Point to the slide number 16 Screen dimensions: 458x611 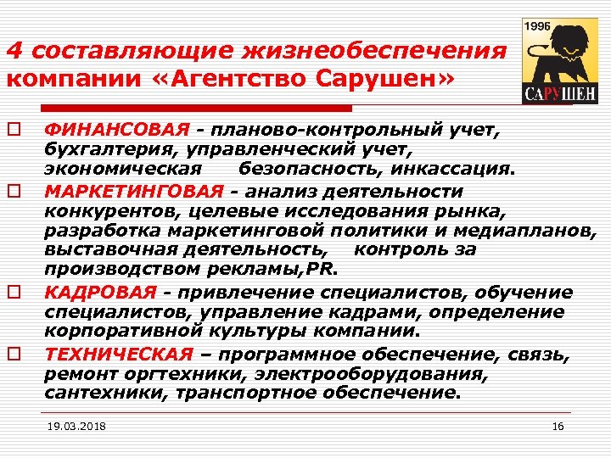(558, 425)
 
